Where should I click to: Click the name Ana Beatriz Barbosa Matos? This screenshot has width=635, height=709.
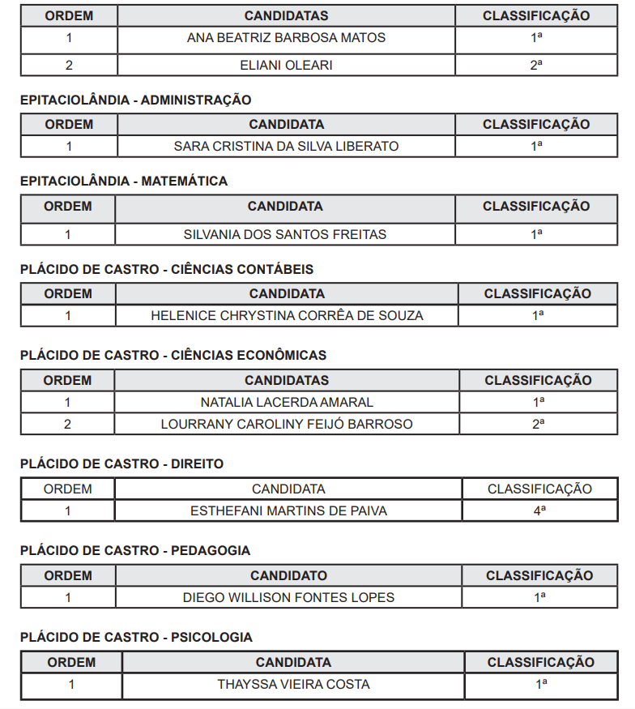coord(286,38)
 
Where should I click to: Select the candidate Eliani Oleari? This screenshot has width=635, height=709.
coord(286,65)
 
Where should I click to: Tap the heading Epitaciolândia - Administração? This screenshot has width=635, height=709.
coord(135,100)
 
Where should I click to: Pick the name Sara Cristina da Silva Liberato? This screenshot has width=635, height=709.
coord(286,147)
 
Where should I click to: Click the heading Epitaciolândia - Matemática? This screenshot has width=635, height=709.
coord(124,182)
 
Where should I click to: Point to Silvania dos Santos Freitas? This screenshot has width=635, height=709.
coord(285,234)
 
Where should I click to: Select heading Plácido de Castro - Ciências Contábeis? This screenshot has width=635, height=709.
coord(167,269)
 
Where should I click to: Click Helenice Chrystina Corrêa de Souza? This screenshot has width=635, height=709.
coord(287,315)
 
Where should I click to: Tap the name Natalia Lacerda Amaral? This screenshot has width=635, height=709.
coord(287,402)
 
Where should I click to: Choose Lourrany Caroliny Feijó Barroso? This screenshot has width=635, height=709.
coord(287,424)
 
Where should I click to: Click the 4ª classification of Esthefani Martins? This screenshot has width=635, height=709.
coord(539,510)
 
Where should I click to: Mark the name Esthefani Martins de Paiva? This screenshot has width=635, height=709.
coord(288,510)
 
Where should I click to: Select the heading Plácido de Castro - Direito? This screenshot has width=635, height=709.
coord(121,463)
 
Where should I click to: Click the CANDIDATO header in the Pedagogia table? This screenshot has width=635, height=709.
coord(288,575)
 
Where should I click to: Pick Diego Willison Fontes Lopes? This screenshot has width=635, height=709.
coord(288,597)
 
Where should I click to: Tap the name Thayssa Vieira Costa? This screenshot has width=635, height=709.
coord(293,684)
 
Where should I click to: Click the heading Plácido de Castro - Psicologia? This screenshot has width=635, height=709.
coord(136,637)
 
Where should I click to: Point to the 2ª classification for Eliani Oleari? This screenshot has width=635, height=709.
coord(536,65)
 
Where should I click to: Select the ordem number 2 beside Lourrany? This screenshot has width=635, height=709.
coord(68,424)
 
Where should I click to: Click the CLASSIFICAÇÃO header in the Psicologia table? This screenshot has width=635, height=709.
coord(540,662)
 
